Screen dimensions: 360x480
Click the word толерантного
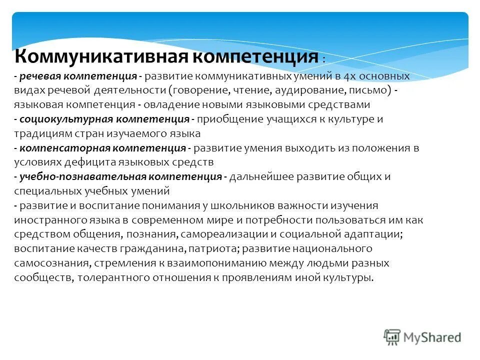point(111,277)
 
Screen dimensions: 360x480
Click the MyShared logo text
point(432,337)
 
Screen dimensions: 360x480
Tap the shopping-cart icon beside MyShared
point(393,337)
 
